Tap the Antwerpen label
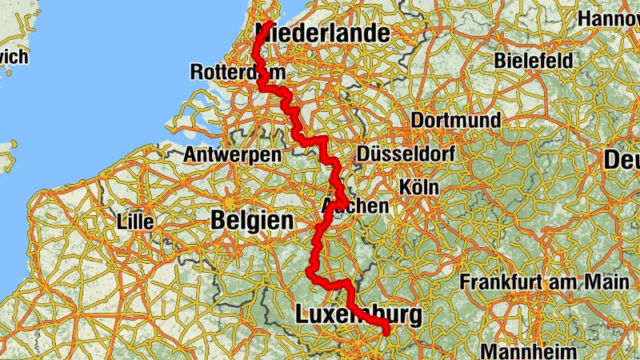[232, 154]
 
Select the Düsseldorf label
[406, 154]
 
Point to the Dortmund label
[456, 121]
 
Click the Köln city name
[419, 186]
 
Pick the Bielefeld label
[534, 60]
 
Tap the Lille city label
[134, 220]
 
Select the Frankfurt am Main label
[543, 282]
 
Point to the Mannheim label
[528, 350]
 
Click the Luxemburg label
[358, 314]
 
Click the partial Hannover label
[609, 18]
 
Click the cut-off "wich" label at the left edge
[14, 57]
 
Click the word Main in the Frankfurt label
[606, 282]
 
